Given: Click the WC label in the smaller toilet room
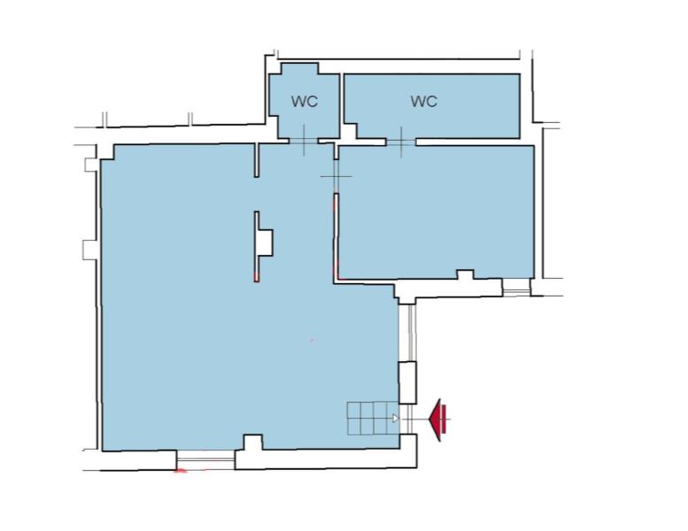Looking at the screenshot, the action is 304,102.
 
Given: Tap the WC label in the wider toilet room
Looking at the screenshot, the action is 424,101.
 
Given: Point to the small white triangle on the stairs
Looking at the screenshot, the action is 395,419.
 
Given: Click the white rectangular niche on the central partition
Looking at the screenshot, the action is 265,242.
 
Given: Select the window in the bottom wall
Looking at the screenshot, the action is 205,460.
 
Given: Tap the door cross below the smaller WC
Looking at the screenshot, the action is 304,141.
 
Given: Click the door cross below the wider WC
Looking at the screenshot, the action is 401,142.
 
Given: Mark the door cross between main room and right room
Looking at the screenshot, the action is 336,176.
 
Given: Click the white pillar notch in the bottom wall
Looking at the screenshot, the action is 252,442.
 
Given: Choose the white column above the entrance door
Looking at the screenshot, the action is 407,383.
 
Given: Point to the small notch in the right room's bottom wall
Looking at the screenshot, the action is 466,274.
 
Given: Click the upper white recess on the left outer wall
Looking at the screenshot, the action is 90,165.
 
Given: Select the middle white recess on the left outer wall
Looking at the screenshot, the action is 90,250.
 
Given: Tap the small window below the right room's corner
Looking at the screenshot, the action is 516,288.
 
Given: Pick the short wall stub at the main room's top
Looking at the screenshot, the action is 257,160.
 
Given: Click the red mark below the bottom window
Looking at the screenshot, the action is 181,472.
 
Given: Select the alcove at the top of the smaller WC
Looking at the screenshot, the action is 299,69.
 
